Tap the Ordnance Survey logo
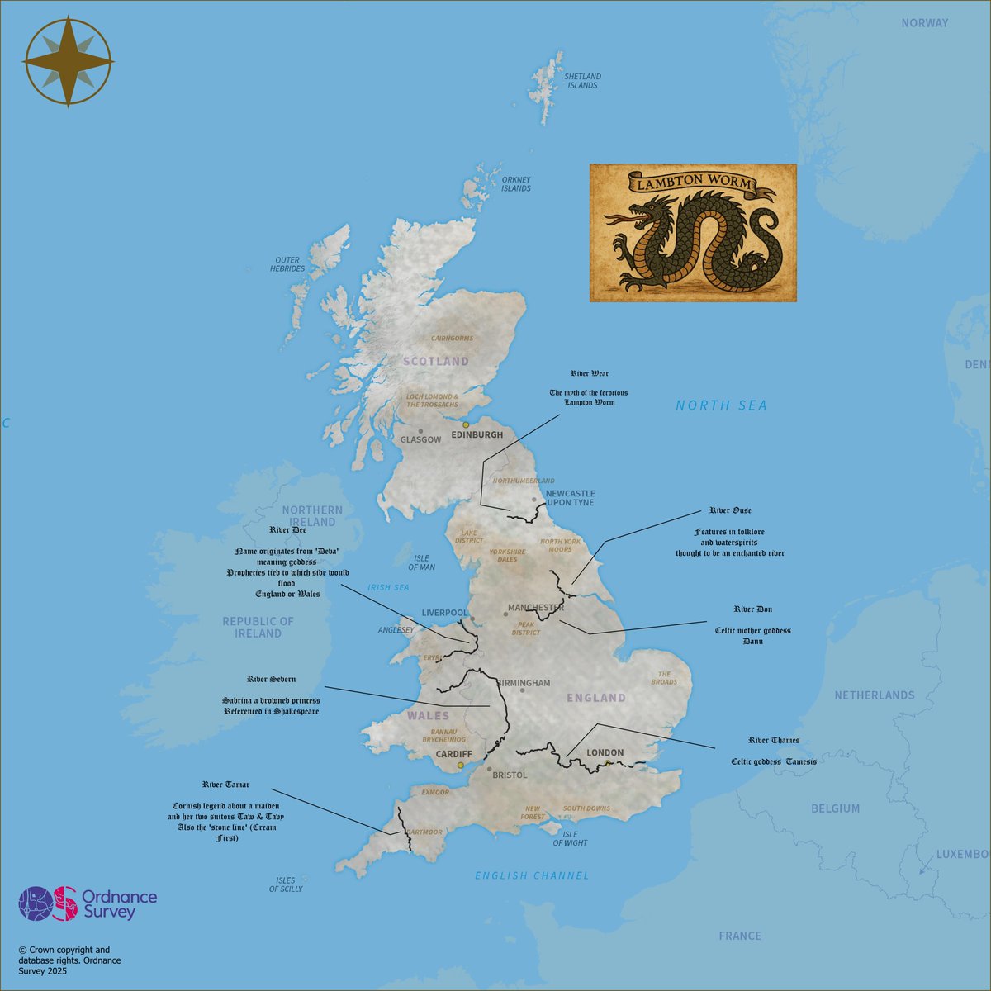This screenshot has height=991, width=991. pyautogui.click(x=88, y=903)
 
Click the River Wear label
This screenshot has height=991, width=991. pyautogui.click(x=589, y=374)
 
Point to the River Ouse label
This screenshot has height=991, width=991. pyautogui.click(x=730, y=510)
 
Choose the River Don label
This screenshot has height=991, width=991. pyautogui.click(x=752, y=609)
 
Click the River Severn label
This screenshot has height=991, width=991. pyautogui.click(x=271, y=679)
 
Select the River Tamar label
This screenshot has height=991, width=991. pyautogui.click(x=225, y=785)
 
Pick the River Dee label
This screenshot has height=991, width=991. pyautogui.click(x=287, y=530)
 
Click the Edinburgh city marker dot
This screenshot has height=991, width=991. pyautogui.click(x=466, y=424)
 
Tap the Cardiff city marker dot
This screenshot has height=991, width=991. pyautogui.click(x=461, y=765)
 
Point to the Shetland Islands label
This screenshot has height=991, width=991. pyautogui.click(x=581, y=81)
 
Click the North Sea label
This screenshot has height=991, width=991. pyautogui.click(x=721, y=405)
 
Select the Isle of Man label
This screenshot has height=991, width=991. pyautogui.click(x=421, y=562)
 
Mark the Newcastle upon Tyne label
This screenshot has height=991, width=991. pyautogui.click(x=570, y=498)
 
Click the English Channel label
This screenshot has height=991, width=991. pyautogui.click(x=532, y=875)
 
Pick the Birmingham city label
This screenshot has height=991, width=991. pyautogui.click(x=524, y=683)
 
